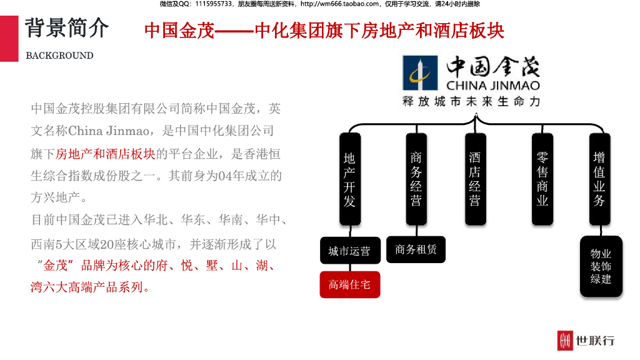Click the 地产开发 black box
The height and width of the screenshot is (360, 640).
pos(350,179)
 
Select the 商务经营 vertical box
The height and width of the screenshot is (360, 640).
pos(416,179)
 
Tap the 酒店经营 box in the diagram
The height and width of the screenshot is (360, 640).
pos(475,179)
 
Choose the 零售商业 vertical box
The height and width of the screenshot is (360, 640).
pos(542,179)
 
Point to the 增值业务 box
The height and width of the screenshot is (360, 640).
pos(599,179)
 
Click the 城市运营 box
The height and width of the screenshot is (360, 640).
pos(349,251)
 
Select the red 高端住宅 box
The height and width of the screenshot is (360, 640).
pos(349,285)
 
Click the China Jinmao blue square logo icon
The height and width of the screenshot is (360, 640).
pos(420,73)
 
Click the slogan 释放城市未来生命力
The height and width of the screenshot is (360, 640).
pos(471,102)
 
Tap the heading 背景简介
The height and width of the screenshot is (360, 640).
pos(67,28)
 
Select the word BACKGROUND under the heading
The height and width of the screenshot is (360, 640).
pos(59,56)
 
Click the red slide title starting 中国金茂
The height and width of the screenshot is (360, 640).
pos(324,31)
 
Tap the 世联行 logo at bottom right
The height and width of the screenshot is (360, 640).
pos(586,340)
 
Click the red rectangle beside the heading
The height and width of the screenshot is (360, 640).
pos(9,39)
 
